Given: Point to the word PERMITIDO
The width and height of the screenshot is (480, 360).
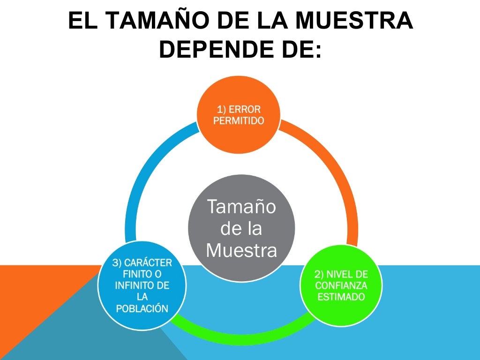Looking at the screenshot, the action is pos(239,120).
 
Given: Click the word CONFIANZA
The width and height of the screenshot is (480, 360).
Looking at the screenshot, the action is pos(341,285).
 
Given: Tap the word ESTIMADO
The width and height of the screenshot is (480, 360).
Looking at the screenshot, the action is pos(341,297).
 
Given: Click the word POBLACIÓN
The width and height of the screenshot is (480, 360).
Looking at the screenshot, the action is pos(142,308).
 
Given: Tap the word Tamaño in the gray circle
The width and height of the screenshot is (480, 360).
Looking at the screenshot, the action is pos(241,207).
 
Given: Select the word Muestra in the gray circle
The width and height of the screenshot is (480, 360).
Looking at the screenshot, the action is pos(241,251).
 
